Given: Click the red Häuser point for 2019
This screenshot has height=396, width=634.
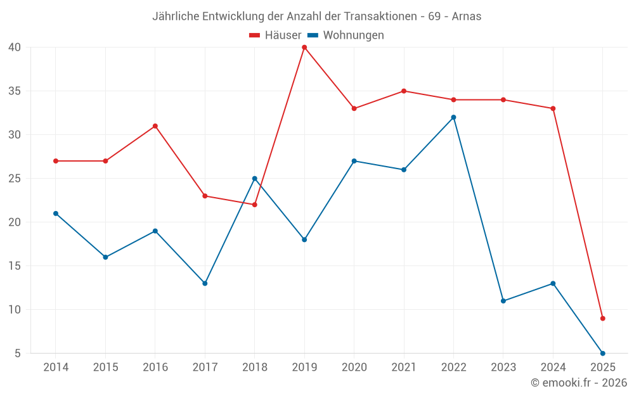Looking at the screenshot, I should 304,48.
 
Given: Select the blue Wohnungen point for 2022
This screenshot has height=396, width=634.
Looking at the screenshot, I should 453,117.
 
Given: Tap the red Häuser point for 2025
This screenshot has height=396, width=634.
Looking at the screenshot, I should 602,318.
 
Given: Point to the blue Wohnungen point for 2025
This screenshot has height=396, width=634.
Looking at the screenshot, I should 602,353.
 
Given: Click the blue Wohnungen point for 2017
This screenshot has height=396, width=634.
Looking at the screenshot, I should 205,283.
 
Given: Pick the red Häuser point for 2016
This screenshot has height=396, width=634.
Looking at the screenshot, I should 155,126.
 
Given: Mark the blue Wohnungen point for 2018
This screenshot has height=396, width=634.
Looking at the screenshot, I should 254,179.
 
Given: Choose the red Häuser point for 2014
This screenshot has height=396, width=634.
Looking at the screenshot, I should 56,161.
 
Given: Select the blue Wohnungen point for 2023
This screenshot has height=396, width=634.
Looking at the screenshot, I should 503,301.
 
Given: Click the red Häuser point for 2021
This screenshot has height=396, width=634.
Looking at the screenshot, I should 404,91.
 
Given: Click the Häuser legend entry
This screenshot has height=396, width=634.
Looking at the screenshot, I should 275,35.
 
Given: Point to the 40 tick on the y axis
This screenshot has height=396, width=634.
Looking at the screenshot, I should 15,48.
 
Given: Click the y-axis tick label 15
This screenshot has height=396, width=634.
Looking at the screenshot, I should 15,266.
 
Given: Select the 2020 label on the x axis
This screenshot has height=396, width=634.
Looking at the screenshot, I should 354,367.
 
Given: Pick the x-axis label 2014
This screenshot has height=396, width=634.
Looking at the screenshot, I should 56,367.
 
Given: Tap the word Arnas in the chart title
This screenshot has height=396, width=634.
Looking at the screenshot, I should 466,16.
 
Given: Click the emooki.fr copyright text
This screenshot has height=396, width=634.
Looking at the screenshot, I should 579,383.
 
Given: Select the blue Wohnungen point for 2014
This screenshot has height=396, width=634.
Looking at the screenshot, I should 56,214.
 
